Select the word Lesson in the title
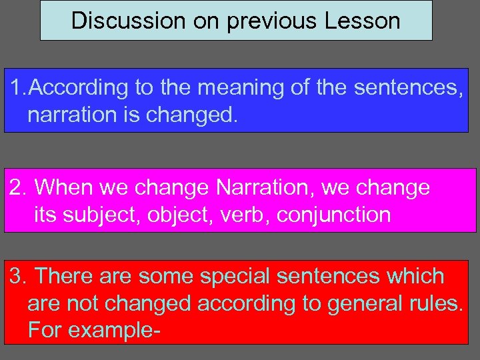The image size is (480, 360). pos(363,21)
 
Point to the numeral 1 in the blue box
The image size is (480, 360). pos(16,87)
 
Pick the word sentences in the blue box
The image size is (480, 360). pos(407,87)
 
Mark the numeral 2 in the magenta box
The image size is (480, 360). pos(17,187)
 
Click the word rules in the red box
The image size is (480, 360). pos(436,303)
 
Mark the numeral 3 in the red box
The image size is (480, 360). pos(17,276)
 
